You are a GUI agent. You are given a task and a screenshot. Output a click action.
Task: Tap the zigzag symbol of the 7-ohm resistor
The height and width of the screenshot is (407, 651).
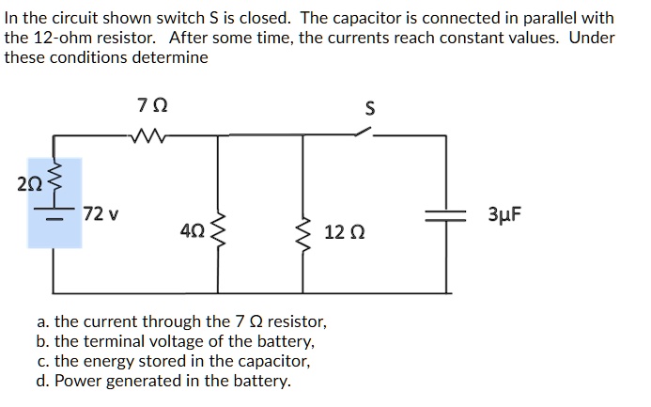(x=149, y=137)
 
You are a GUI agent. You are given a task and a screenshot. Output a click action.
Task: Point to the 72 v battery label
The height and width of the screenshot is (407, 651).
(x=101, y=213)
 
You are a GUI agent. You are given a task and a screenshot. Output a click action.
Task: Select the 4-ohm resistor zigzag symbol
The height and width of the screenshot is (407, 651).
(x=220, y=229)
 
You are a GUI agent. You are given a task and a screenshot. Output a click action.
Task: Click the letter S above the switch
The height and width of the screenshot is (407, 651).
(x=369, y=109)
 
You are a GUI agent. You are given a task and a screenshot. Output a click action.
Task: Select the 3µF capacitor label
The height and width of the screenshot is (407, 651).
(x=504, y=213)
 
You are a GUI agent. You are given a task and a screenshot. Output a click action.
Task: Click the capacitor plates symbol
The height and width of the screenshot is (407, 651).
(x=444, y=215)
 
